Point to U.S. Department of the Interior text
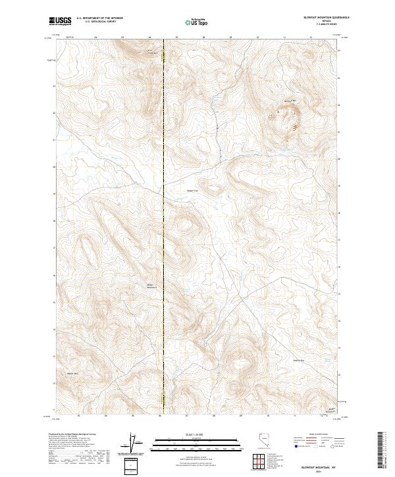[x=99, y=19]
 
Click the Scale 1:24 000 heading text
[x=191, y=432]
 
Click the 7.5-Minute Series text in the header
[x=323, y=25]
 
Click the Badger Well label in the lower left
[x=72, y=373]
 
